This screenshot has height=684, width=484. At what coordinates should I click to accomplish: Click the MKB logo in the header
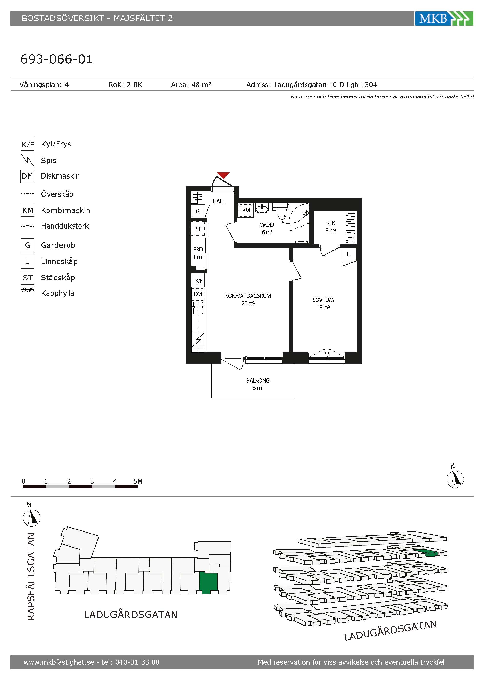(x=444, y=19)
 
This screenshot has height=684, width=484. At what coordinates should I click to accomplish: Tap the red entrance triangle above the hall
(x=223, y=175)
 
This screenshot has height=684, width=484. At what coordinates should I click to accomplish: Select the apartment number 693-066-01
(x=56, y=59)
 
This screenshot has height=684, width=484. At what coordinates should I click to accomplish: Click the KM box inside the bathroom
(x=246, y=210)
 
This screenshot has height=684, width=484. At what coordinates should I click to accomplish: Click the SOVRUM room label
(x=323, y=300)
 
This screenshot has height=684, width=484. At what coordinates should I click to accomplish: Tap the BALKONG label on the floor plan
(x=258, y=380)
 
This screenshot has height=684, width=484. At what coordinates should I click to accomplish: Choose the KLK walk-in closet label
(x=331, y=223)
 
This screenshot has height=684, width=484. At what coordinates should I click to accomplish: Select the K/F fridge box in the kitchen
(x=198, y=281)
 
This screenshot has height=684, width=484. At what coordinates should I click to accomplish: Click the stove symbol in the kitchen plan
(x=198, y=340)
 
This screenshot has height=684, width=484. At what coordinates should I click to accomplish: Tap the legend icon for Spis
(x=27, y=160)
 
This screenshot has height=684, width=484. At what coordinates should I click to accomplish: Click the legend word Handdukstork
(x=65, y=226)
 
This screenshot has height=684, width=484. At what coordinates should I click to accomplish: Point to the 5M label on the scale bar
(x=138, y=481)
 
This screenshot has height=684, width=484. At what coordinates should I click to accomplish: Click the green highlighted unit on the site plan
(x=209, y=583)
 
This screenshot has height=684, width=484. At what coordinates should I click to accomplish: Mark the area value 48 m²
(x=201, y=85)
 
